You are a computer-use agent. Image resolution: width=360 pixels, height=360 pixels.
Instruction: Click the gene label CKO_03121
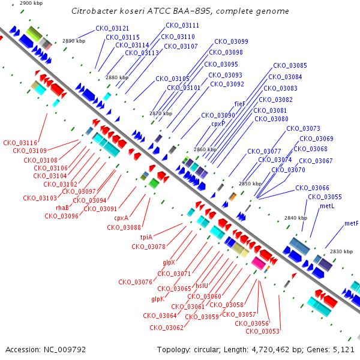(x=112, y=28)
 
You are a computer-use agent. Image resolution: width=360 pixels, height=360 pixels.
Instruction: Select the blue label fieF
(x=239, y=104)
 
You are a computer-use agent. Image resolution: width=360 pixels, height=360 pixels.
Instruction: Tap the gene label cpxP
(x=218, y=124)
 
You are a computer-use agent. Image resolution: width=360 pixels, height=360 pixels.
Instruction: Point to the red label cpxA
(x=121, y=218)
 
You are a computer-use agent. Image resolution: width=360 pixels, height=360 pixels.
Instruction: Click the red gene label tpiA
(x=146, y=237)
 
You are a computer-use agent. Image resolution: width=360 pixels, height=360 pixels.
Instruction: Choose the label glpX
(x=169, y=262)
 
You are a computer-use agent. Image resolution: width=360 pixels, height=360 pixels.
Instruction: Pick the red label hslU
(x=202, y=286)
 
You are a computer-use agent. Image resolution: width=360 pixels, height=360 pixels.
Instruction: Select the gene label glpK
(x=158, y=299)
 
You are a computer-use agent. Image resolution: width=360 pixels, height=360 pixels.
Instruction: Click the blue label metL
(x=327, y=206)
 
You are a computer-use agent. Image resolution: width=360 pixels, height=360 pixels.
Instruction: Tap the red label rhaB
(x=62, y=208)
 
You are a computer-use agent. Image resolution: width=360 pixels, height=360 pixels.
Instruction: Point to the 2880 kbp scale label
(x=117, y=77)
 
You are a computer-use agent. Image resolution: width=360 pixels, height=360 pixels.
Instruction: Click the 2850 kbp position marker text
(x=250, y=184)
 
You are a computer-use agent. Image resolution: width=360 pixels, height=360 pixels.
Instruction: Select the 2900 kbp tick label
(x=31, y=3)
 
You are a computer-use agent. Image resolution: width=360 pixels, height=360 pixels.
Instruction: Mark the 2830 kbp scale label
(x=341, y=251)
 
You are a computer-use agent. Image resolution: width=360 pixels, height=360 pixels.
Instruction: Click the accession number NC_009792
(x=65, y=350)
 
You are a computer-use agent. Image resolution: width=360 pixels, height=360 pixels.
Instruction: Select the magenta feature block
(x=259, y=263)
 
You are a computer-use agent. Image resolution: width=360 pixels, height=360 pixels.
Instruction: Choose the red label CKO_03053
(x=262, y=331)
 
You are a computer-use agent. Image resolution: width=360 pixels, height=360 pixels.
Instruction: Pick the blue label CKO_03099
(x=231, y=41)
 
